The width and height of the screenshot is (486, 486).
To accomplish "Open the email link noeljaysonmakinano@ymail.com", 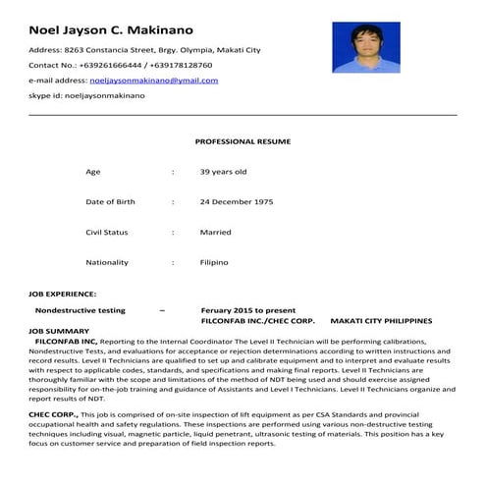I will (153, 81).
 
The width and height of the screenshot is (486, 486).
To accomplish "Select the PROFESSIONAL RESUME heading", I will (242, 141).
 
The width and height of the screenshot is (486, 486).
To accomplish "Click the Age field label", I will (93, 172).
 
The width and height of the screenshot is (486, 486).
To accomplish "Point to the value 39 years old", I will (223, 172).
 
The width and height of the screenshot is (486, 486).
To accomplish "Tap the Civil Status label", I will (107, 233).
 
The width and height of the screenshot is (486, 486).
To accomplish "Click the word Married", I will (215, 233).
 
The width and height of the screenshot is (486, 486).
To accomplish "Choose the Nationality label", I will (107, 263).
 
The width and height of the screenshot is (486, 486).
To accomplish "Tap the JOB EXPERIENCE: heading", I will (63, 294).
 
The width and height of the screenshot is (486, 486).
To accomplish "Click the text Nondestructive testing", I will (80, 310).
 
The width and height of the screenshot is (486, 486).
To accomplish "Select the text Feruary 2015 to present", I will (247, 310).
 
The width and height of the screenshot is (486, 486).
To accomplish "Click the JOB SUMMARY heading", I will (60, 331).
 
